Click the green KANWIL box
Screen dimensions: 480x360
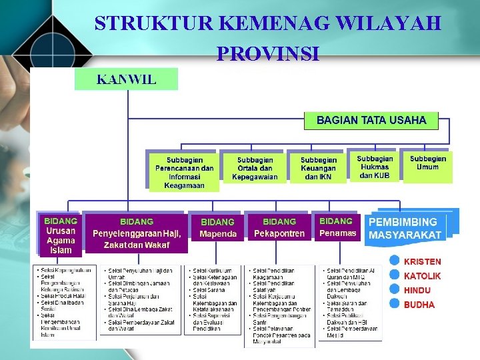click(127, 79)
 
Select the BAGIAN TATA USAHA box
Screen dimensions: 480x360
click(371, 121)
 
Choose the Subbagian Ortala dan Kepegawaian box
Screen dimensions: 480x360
click(255, 168)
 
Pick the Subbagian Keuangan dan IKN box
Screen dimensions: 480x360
click(319, 168)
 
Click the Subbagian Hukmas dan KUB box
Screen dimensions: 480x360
click(375, 167)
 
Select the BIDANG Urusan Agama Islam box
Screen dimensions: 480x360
click(61, 235)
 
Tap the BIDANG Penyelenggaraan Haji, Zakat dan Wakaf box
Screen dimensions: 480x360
click(137, 233)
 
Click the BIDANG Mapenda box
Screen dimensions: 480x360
click(218, 227)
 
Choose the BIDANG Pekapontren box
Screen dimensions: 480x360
click(279, 227)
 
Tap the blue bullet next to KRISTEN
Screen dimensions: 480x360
click(395, 261)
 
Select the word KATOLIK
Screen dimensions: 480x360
click(422, 275)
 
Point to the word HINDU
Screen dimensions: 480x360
click(417, 290)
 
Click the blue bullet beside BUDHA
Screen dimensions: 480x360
click(395, 304)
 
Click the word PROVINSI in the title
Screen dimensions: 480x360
click(268, 53)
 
